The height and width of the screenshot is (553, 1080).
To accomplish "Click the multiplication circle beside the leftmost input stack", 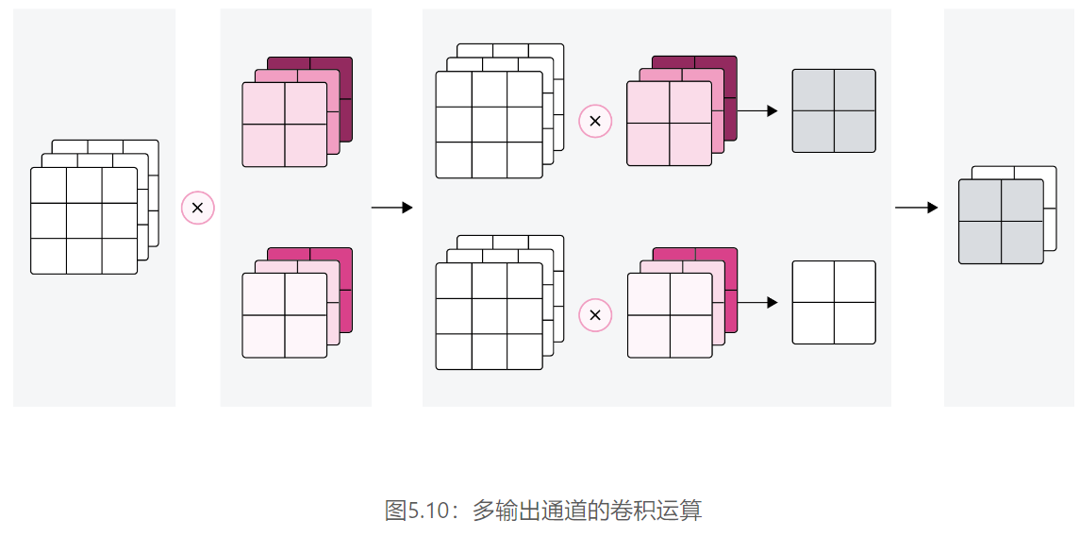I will coord(198,208).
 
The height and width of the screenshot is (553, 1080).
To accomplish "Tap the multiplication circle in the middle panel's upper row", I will coord(595,121).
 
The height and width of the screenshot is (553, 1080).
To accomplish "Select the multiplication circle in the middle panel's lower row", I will coord(595,314).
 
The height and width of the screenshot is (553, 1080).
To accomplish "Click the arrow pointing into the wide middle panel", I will coord(392,208).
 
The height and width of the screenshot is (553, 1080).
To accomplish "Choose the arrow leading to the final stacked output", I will coord(916,208).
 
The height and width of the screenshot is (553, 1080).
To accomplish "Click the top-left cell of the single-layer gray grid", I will coord(813,91).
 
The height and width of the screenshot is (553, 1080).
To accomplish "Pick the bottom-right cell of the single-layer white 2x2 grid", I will coord(855,323).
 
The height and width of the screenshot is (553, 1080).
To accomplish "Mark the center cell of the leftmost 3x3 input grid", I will coord(84,221).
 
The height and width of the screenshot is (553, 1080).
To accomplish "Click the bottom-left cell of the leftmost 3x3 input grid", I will coord(49,256).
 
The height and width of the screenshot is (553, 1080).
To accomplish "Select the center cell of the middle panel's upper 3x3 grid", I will coord(489,125).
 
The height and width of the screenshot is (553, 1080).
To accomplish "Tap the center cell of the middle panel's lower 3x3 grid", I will coord(489,316).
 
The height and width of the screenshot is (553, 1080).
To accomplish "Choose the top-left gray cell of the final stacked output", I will coord(979,200).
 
